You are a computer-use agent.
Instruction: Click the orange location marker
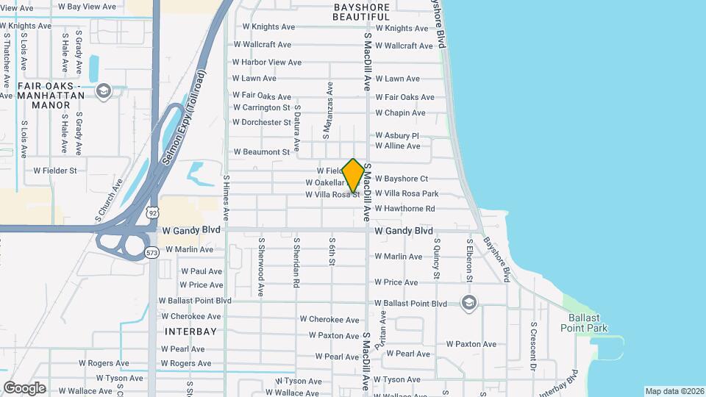click(x=354, y=175)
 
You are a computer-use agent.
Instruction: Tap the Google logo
click(x=24, y=387)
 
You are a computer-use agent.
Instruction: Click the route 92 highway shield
click(x=151, y=212)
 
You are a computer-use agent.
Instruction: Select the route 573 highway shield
click(x=151, y=253)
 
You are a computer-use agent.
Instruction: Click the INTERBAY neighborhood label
click(x=190, y=332)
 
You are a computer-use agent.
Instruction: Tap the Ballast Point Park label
click(x=588, y=323)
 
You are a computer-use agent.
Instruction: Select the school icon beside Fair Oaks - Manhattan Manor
click(x=103, y=90)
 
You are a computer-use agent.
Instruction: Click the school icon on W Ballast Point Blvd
click(x=468, y=302)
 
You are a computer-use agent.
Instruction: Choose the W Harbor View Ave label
click(x=267, y=62)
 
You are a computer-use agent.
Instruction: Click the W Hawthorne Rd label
click(x=415, y=209)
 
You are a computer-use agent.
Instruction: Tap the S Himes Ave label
click(x=227, y=198)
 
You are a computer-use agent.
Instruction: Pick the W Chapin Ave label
click(x=400, y=113)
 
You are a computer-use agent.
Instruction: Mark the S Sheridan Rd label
click(x=296, y=261)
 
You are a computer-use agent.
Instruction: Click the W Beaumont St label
click(x=263, y=152)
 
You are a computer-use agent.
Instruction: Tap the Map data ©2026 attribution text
click(x=674, y=391)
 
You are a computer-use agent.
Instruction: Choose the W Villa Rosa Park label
click(x=406, y=194)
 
